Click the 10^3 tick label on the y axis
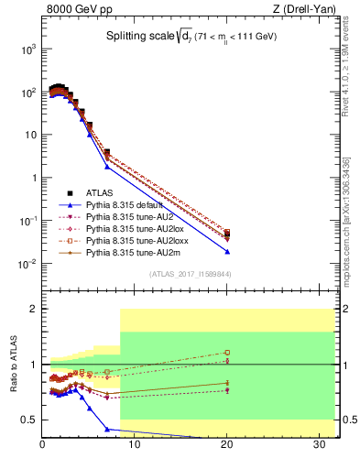[x=27, y=49]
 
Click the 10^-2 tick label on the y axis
[x=27, y=265]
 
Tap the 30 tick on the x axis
[x=312, y=446]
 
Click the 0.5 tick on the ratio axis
[x=28, y=420]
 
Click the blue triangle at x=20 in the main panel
[x=227, y=251]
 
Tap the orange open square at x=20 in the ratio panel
[x=227, y=352]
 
